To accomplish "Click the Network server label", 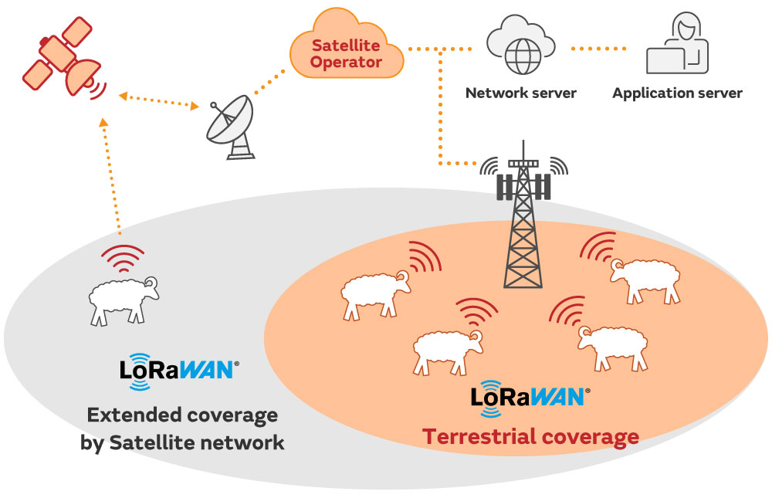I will click(520, 93).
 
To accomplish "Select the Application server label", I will click(677, 93).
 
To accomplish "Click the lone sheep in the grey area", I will click(124, 296).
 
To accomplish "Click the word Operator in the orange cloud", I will click(347, 63).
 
